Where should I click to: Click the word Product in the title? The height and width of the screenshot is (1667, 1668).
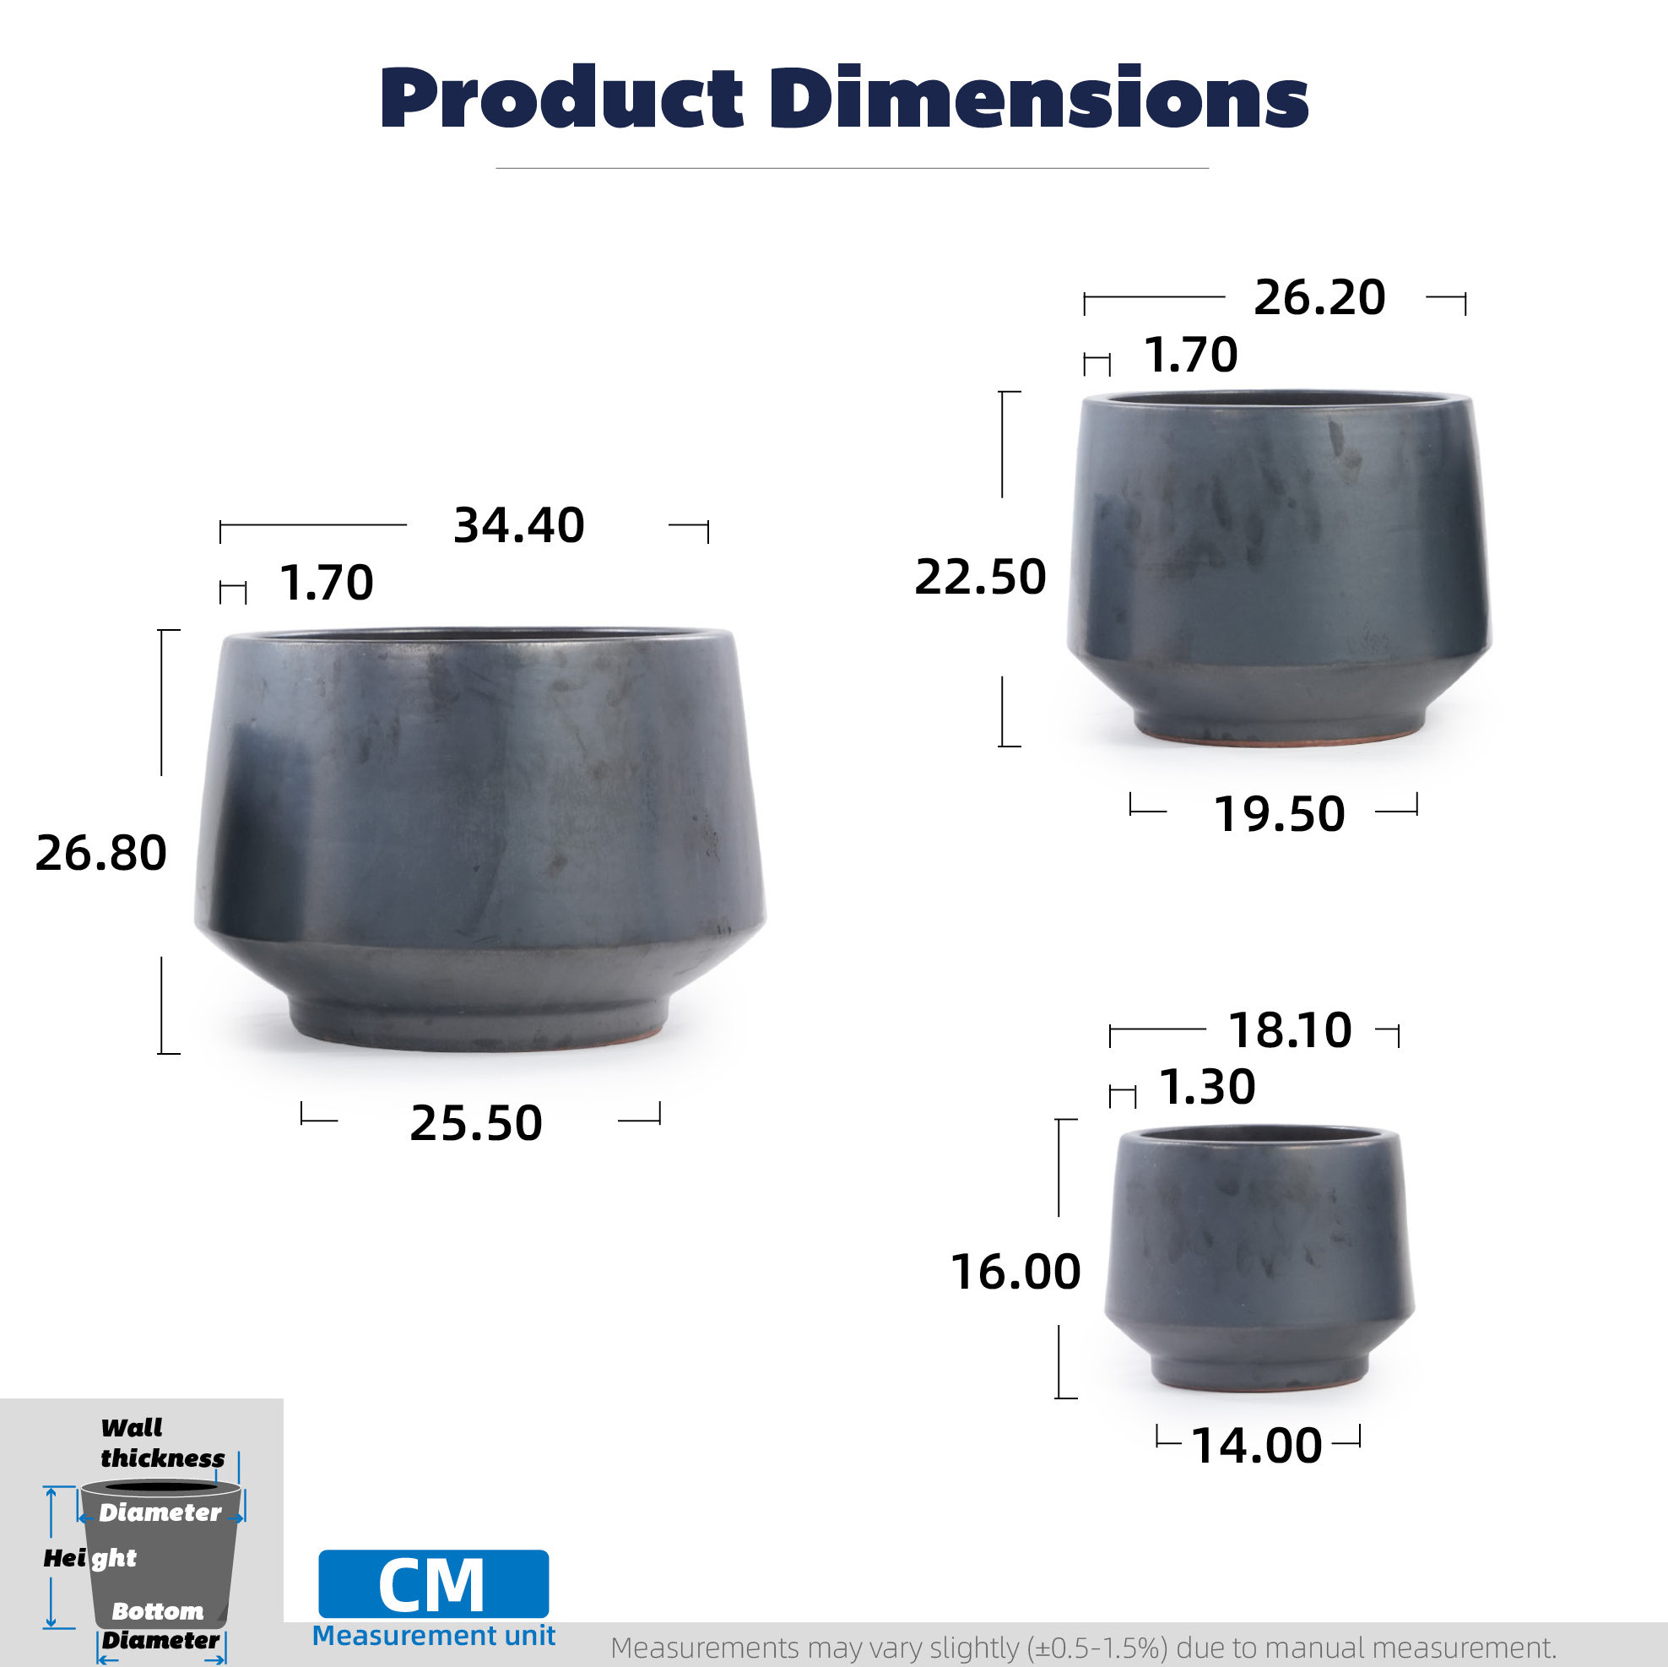[x=561, y=98]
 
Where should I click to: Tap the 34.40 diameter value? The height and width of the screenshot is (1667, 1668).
[x=519, y=525]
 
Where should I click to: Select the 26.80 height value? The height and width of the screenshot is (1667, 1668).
[x=101, y=854]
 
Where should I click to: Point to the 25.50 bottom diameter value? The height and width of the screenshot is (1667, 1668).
[x=476, y=1124]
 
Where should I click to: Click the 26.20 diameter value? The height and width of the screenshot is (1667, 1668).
[x=1319, y=298]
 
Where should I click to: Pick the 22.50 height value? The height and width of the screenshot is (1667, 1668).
[x=980, y=577]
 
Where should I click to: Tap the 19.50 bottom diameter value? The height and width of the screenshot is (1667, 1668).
[x=1279, y=814]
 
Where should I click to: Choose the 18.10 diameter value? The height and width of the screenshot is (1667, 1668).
[x=1290, y=1030]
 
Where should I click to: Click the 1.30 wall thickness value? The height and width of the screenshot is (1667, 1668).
[x=1207, y=1087]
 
